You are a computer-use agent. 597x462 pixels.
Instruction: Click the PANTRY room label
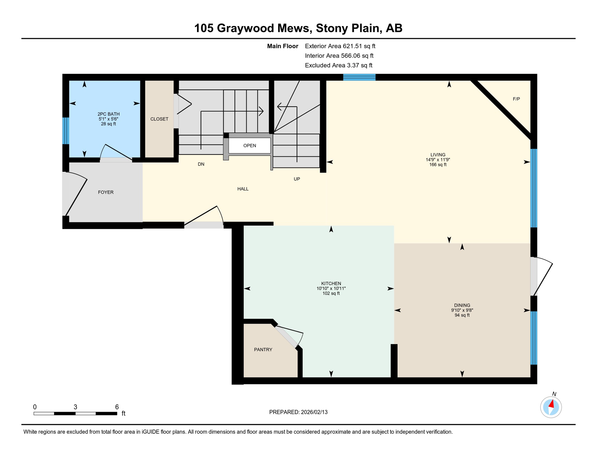[263, 350]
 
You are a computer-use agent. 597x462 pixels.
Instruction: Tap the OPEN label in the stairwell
[250, 146]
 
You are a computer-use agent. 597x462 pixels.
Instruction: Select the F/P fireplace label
[516, 99]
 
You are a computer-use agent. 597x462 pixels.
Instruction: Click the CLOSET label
[159, 119]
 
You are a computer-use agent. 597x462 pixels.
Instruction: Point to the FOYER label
[106, 192]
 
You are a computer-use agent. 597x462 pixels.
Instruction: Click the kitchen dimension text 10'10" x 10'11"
[331, 288]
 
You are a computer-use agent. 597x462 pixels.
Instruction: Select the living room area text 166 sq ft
[438, 165]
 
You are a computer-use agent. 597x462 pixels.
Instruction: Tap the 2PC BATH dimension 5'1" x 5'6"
[108, 119]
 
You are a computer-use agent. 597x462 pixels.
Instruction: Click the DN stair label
[201, 164]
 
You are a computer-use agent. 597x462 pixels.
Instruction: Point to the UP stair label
[297, 179]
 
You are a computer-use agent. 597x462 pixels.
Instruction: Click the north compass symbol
[551, 407]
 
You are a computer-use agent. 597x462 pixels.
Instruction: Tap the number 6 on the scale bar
[117, 407]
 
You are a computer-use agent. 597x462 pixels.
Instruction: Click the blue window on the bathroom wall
[66, 131]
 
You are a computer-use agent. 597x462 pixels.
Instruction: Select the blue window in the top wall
[359, 77]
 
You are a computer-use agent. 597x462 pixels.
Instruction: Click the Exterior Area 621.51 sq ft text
[340, 46]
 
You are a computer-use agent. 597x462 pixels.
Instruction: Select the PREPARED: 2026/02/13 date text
[298, 412]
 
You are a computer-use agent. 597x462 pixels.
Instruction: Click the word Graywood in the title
[263, 28]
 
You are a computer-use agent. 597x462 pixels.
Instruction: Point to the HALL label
[243, 189]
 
